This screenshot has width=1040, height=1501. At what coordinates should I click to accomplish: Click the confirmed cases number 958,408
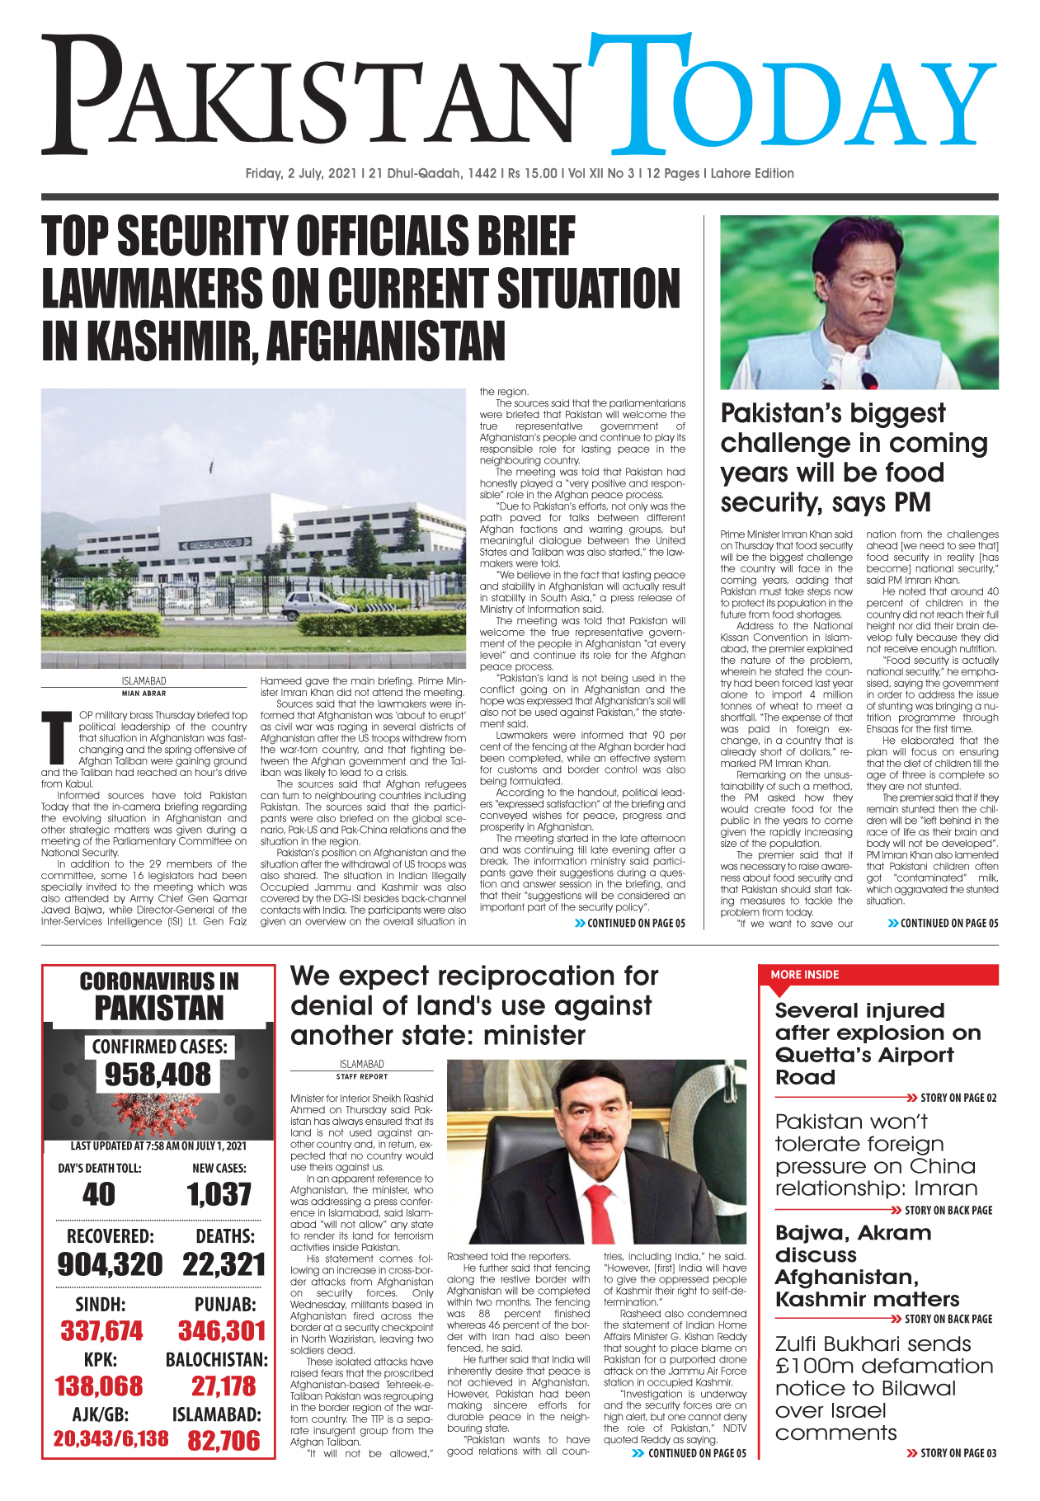158,1075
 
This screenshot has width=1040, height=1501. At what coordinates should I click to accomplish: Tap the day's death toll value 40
99,1194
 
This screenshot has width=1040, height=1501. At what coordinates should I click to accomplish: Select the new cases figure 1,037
219,1194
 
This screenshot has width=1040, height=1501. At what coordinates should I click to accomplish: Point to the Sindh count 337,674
101,1330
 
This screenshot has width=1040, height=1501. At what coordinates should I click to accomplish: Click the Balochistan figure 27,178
224,1386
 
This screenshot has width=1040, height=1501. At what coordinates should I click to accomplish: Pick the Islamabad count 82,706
224,1441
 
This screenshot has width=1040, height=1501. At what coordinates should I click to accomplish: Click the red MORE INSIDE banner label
804,975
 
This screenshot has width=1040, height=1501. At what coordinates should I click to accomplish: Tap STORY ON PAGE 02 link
958,1098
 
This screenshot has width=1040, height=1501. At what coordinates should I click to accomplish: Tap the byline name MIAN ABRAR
144,694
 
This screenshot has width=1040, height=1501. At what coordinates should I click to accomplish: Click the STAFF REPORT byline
361,1076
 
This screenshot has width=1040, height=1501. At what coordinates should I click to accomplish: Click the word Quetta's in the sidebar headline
826,1055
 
